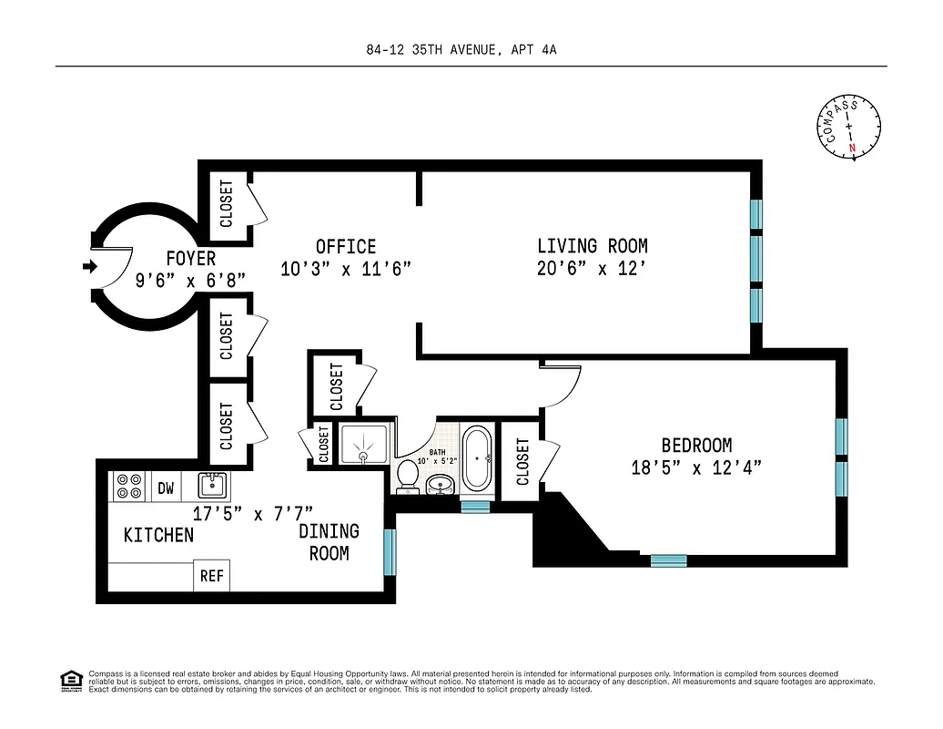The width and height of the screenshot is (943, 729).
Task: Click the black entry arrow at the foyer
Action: [88, 266]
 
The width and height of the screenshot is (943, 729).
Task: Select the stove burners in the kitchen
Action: [127, 487]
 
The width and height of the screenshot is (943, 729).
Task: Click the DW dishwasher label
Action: [166, 488]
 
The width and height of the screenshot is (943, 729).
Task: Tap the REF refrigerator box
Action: [212, 576]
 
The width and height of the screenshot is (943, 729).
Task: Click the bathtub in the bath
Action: [476, 459]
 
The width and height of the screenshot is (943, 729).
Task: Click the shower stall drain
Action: [364, 453]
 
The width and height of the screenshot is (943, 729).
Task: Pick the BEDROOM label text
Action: [696, 446]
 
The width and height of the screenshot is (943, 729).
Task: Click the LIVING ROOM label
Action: [592, 246]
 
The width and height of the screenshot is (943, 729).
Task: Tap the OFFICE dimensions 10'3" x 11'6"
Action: [346, 269]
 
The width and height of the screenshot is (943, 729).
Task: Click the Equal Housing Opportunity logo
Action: [69, 679]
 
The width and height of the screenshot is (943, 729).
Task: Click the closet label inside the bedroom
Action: [522, 462]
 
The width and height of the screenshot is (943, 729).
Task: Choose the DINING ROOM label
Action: [329, 542]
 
